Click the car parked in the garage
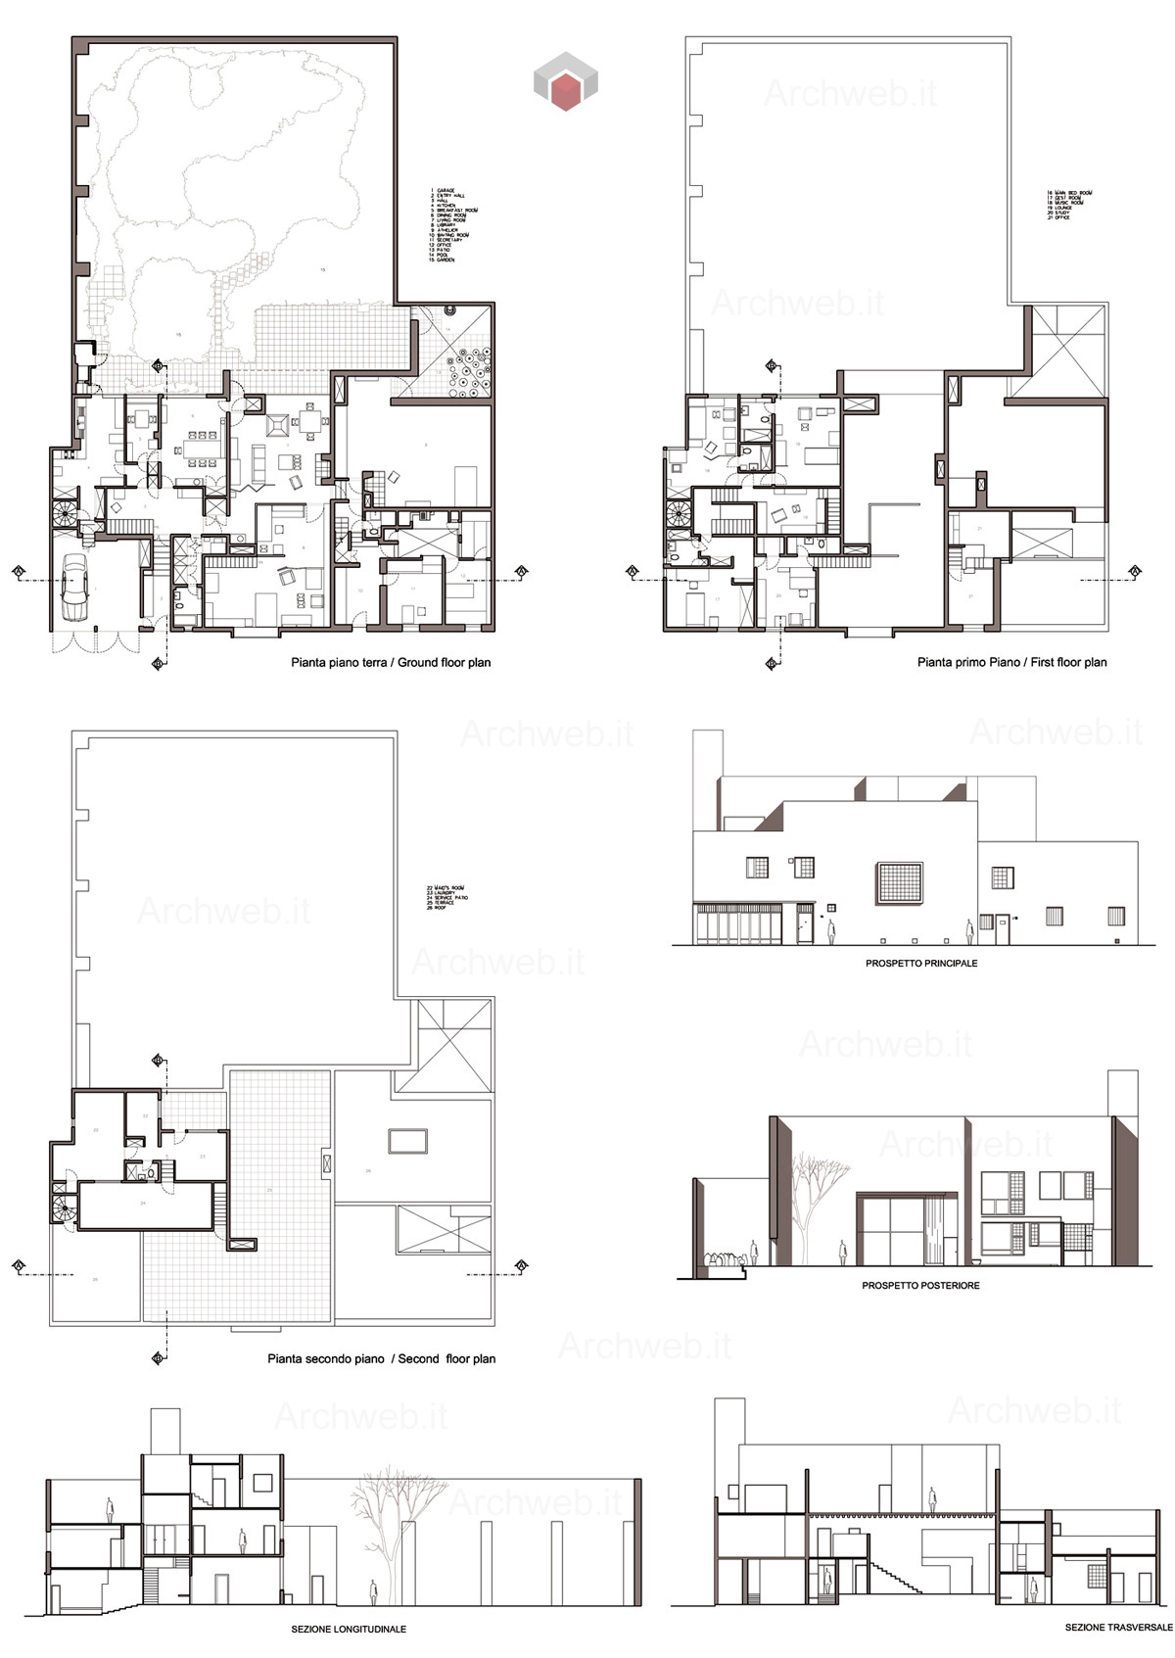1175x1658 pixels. click(74, 588)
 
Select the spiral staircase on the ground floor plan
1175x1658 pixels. click(67, 513)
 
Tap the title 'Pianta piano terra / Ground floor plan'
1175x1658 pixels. click(391, 663)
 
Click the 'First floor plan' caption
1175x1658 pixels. click(1011, 663)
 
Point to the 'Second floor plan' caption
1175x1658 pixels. click(381, 1359)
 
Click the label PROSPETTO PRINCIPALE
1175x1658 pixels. click(920, 964)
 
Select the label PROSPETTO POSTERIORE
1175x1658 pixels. click(920, 1286)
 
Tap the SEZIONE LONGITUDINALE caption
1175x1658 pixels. click(349, 1630)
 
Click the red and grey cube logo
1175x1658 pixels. click(565, 80)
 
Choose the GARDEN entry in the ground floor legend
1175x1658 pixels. click(446, 260)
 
